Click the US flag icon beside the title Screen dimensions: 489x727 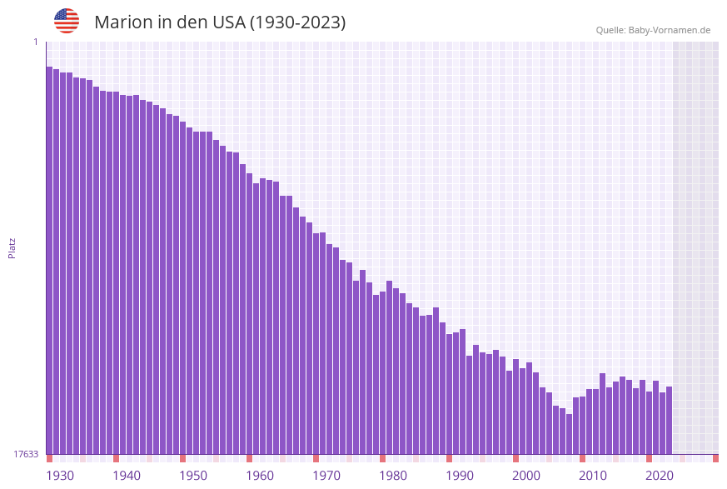tap(67, 21)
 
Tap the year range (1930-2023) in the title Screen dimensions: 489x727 tap(297, 22)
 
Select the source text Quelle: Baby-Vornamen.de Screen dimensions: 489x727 tap(653, 30)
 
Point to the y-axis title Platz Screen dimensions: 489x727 tap(12, 247)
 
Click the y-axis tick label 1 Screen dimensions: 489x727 tap(35, 42)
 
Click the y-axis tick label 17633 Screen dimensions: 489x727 tap(26, 454)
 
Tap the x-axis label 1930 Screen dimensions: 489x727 tap(60, 476)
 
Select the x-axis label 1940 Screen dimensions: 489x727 tap(127, 476)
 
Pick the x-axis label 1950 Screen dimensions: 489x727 tap(193, 476)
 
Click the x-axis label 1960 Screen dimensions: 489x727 tap(260, 476)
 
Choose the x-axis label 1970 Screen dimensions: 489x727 tap(326, 476)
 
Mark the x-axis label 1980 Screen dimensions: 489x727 tap(393, 476)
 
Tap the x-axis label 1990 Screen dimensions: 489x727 tap(460, 476)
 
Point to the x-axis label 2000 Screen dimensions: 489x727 tap(526, 476)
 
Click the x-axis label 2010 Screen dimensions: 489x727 tap(593, 476)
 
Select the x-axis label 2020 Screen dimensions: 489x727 tap(660, 476)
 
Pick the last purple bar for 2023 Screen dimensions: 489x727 tap(669, 420)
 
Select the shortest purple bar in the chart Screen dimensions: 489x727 tap(569, 434)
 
